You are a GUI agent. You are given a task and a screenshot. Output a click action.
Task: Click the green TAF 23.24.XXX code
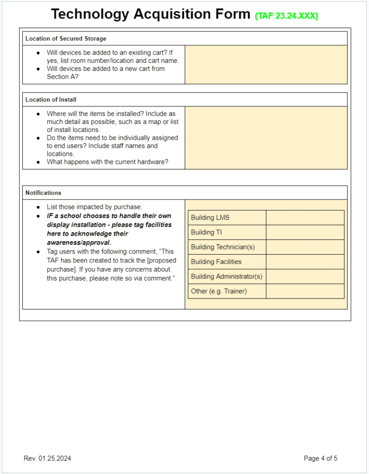point(287,16)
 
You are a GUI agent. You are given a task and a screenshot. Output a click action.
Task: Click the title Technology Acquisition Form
point(150,14)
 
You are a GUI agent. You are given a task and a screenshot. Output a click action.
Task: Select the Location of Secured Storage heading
point(66,38)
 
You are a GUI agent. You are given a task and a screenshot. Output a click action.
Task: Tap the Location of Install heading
point(51,100)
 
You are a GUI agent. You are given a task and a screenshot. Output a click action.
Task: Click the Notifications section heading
point(43,193)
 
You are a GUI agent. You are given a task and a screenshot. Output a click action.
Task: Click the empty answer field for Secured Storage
point(266,64)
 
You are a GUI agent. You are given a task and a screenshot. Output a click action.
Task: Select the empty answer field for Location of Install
point(266,137)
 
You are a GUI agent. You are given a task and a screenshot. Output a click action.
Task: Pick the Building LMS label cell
point(227,218)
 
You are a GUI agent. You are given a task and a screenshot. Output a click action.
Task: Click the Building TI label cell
point(227,232)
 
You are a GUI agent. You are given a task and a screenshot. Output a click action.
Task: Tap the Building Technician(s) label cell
point(227,247)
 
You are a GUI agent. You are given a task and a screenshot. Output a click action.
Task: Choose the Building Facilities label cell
point(227,262)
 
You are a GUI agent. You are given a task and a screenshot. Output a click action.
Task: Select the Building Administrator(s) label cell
point(227,276)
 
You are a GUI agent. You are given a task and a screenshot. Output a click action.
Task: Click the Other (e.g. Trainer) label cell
point(227,291)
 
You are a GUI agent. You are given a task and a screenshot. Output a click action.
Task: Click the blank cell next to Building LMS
point(305,218)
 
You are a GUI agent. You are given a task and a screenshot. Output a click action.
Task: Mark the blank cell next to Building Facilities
point(305,262)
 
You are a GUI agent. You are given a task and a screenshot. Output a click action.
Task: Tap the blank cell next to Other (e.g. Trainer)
point(305,291)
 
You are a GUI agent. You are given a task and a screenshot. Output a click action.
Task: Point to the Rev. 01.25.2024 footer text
point(47,458)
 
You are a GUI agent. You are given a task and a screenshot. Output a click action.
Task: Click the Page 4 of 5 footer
point(320,458)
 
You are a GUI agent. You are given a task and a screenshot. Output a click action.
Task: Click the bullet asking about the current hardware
point(107,162)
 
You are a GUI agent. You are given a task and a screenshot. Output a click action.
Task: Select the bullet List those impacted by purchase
point(94,207)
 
